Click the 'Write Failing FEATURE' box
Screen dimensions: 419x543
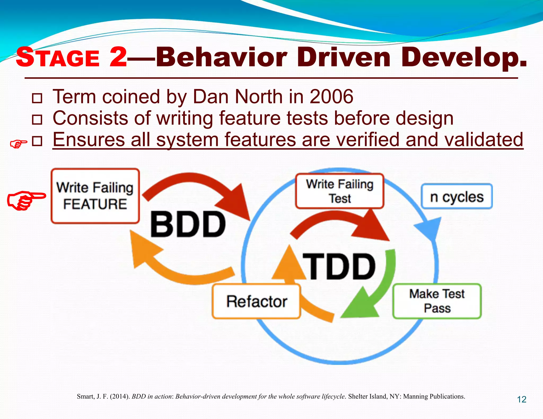(95, 196)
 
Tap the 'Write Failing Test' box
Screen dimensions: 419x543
(340, 191)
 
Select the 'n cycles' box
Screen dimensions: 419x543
(457, 197)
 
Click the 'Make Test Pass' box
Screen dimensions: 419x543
(437, 301)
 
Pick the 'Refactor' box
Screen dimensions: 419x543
(256, 301)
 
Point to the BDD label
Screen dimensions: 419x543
(188, 224)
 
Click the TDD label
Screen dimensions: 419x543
(340, 266)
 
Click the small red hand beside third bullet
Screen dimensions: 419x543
(18, 144)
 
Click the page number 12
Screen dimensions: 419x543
(522, 399)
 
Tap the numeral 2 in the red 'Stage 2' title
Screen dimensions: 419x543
(118, 57)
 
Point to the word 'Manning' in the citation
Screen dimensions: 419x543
(415, 396)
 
